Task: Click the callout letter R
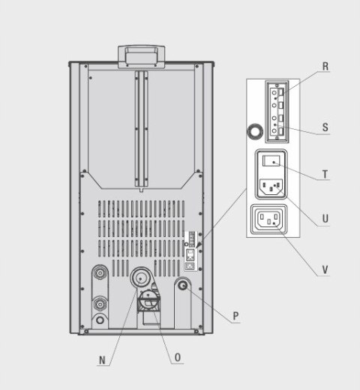point(325,67)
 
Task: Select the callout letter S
point(325,127)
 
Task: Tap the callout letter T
point(325,174)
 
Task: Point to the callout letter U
point(325,219)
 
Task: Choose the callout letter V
point(325,270)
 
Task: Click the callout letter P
point(235,316)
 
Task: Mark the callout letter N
point(102,360)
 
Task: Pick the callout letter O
point(178,358)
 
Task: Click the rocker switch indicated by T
point(271,160)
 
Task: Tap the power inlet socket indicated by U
point(271,187)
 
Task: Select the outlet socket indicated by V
point(269,219)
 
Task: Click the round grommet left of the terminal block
point(255,131)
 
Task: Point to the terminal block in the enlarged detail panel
point(277,112)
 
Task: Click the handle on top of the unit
point(141,56)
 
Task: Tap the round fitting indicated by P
point(183,285)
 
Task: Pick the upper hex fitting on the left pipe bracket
point(100,273)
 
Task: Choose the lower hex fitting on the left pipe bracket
point(100,304)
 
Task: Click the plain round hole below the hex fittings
point(100,320)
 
